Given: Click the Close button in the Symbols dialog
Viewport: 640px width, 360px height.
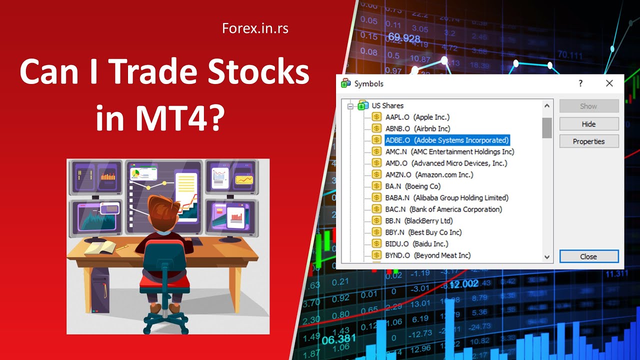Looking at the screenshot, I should click(588, 256).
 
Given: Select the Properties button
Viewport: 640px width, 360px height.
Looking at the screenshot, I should click(588, 141).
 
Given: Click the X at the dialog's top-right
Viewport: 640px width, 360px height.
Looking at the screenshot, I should click(609, 83).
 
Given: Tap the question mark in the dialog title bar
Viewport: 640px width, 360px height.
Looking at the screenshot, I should click(580, 83).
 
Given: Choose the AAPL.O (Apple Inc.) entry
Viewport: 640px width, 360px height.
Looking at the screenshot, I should click(417, 117).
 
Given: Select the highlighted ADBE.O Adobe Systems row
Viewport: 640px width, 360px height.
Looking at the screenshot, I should click(446, 140).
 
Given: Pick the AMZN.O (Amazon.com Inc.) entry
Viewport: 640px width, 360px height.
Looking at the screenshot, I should click(429, 174).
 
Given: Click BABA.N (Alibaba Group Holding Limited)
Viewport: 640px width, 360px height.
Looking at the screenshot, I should click(446, 197).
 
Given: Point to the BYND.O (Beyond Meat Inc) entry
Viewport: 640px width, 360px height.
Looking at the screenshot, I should click(427, 255).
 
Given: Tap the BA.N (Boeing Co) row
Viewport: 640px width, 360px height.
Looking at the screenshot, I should click(412, 186).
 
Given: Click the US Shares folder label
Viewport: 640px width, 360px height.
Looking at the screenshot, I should click(387, 105).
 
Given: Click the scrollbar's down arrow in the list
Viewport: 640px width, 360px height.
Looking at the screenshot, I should click(547, 257).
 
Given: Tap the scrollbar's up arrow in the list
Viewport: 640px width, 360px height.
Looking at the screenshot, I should click(547, 106).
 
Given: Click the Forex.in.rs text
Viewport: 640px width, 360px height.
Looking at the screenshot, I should click(255, 28).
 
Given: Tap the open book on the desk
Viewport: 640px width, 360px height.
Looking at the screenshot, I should click(100, 247).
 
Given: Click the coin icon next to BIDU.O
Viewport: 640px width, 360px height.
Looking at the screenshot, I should click(376, 244).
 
